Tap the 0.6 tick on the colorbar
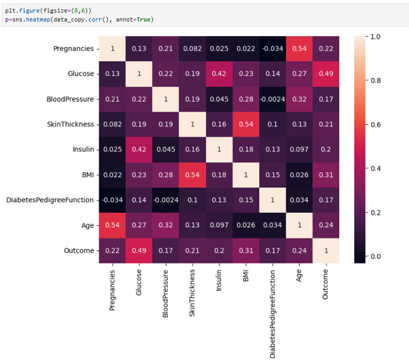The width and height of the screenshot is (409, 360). (373, 124)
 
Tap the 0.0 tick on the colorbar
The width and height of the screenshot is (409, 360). (373, 257)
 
